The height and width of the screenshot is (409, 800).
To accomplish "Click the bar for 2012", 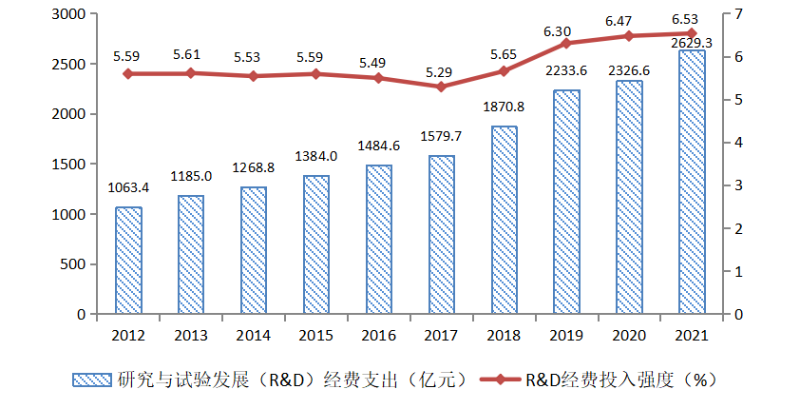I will [x=128, y=260].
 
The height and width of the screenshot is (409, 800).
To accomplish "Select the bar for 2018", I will [x=505, y=220].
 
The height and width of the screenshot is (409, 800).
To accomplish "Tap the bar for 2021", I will [x=692, y=182].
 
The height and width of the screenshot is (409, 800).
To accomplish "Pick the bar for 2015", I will [x=316, y=244].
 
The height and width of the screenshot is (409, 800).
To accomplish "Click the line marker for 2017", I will [x=441, y=87].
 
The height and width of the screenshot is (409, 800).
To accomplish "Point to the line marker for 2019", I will [x=566, y=43].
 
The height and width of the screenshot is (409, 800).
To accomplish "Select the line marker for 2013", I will [x=190, y=72].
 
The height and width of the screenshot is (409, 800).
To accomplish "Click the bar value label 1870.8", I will [x=505, y=107].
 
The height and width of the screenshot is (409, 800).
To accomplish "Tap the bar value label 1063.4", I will [x=128, y=188].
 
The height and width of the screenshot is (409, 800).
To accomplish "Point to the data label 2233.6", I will [x=566, y=71].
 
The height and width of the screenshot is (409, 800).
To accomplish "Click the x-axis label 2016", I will [x=378, y=335].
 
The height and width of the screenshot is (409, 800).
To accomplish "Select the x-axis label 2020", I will [x=629, y=335].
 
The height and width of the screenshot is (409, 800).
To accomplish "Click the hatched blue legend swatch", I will [x=92, y=380].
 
